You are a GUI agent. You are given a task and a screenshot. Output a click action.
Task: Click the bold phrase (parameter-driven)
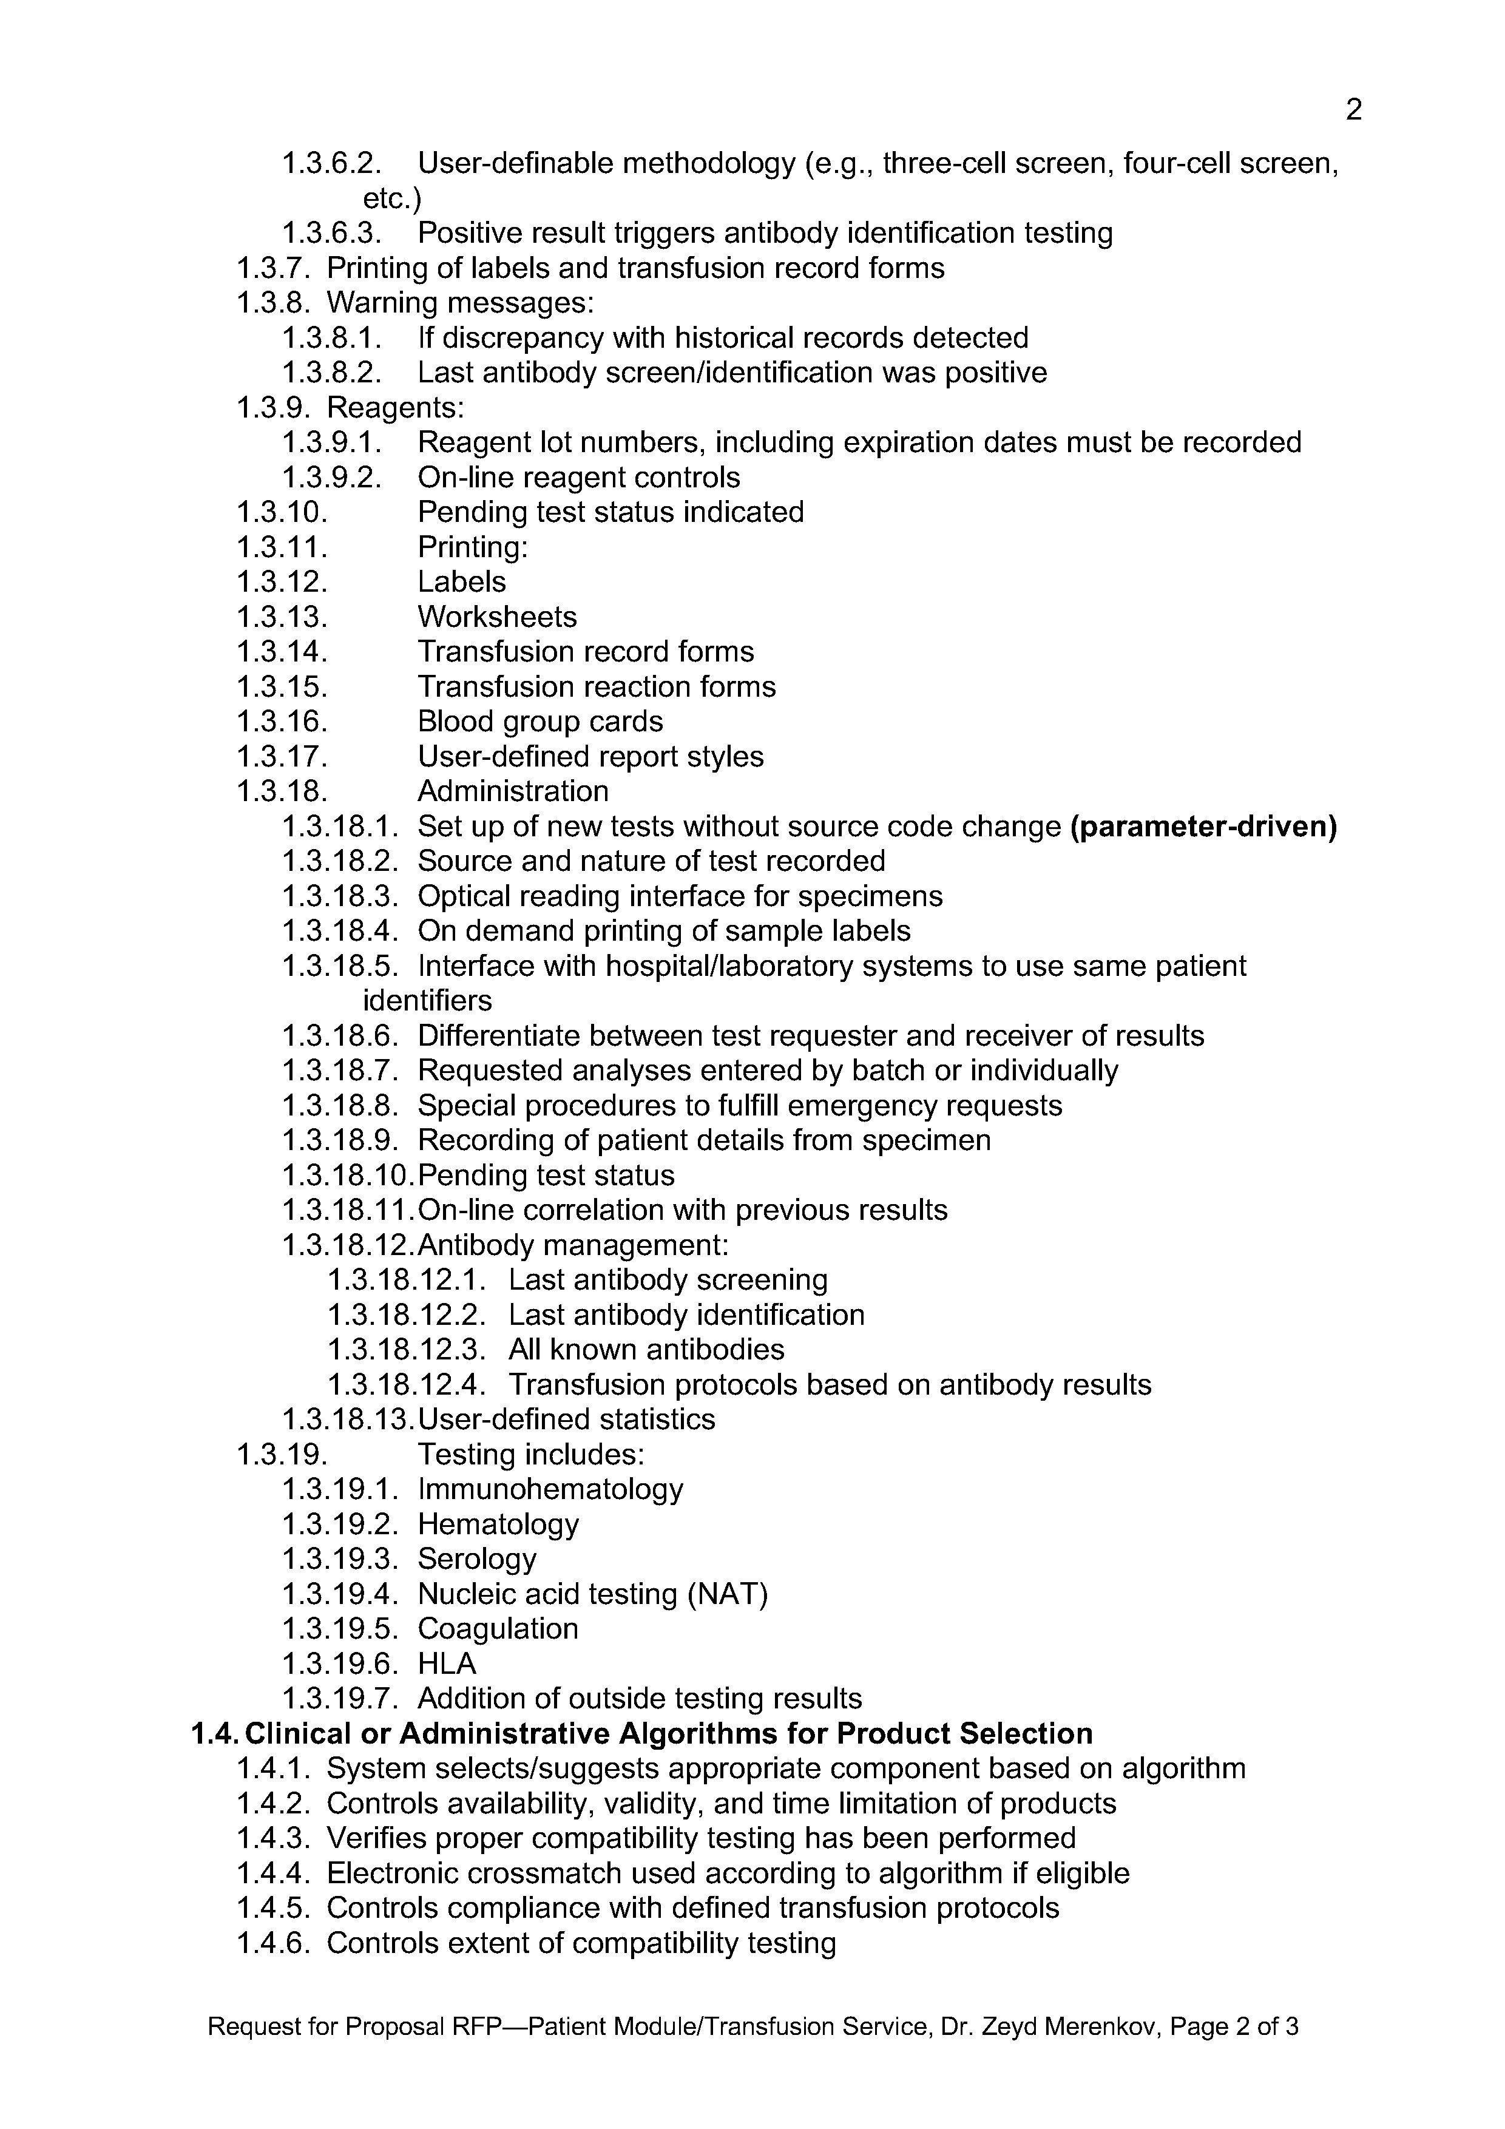click(x=1203, y=826)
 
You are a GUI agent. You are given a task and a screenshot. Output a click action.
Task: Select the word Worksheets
click(x=497, y=617)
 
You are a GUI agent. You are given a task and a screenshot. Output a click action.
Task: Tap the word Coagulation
click(x=498, y=1629)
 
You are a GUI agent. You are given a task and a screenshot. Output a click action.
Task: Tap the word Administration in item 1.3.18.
click(x=513, y=791)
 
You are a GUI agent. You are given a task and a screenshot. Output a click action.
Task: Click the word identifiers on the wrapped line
click(x=427, y=1001)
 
